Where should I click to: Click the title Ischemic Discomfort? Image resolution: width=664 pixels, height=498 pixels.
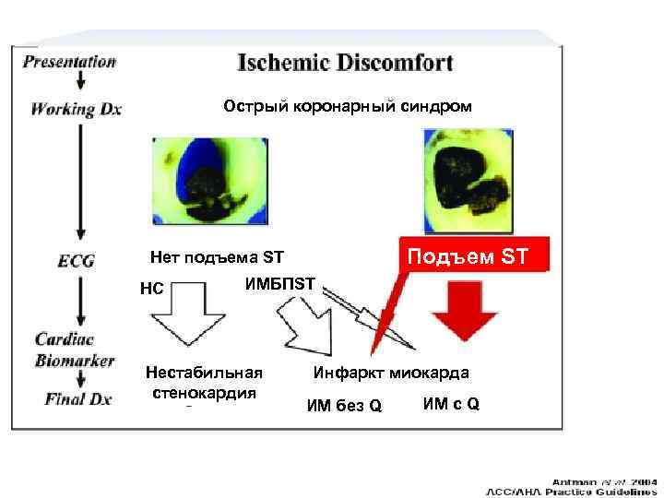click(x=346, y=64)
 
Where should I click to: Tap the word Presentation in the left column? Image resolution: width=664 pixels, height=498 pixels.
click(x=70, y=63)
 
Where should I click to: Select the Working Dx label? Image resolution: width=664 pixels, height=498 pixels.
click(x=77, y=109)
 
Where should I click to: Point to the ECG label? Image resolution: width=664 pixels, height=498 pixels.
click(x=76, y=261)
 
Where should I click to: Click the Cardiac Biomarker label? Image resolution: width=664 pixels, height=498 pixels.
click(x=74, y=350)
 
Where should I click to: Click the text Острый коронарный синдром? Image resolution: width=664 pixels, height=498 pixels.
click(x=347, y=107)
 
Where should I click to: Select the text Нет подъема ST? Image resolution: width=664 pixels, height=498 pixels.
click(x=217, y=257)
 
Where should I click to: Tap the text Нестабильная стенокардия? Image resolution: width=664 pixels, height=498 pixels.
click(x=206, y=382)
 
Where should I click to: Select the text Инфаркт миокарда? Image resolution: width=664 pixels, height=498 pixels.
click(x=391, y=373)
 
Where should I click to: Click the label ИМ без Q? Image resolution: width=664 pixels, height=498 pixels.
click(x=344, y=407)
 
